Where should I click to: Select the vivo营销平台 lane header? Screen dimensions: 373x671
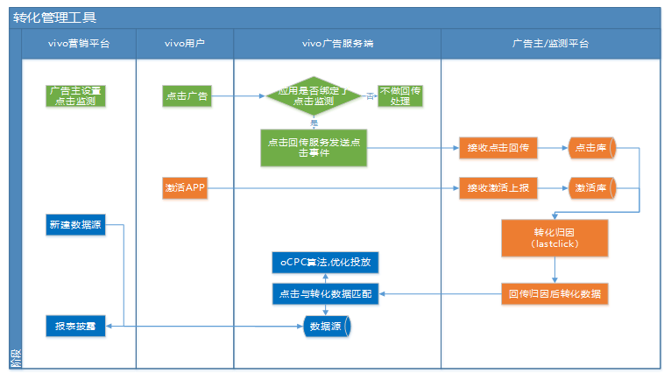click(79, 43)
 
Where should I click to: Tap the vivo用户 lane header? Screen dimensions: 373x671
click(185, 43)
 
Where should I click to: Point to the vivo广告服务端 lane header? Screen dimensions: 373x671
click(337, 43)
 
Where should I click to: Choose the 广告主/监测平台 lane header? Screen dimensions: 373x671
click(550, 43)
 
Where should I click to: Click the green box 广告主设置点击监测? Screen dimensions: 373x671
click(76, 95)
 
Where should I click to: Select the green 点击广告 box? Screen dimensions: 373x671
click(187, 95)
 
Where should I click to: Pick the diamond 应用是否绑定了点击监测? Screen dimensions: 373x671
click(313, 95)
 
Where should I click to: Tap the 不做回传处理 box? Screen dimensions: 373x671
click(400, 95)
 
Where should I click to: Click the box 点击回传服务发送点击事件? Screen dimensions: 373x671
click(313, 147)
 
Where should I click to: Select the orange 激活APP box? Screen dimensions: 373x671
click(185, 187)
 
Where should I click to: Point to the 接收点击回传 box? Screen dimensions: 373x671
click(497, 148)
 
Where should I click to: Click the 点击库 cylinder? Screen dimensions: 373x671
click(593, 148)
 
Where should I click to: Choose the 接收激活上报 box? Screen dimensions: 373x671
click(497, 187)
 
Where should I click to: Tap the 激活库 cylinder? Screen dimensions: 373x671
click(593, 187)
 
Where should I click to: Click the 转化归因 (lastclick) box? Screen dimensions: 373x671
click(554, 237)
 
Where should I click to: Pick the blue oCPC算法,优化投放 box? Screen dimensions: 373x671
click(325, 262)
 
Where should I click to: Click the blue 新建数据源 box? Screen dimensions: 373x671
click(74, 225)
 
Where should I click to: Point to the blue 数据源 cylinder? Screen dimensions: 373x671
click(325, 327)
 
